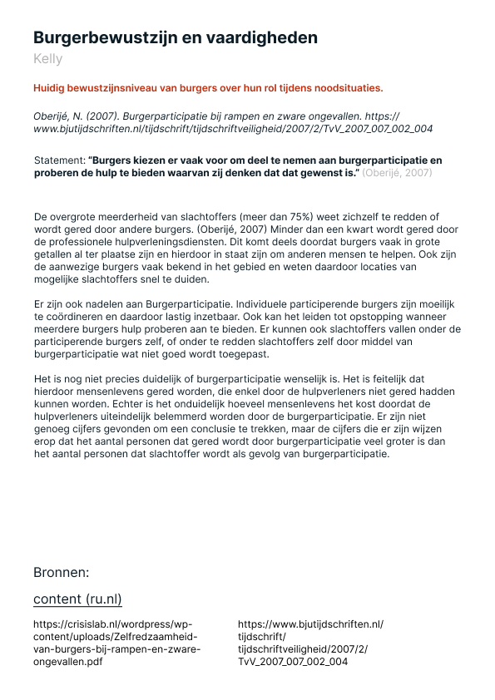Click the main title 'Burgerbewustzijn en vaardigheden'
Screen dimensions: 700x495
(x=175, y=37)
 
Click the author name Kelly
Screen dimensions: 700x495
(x=47, y=59)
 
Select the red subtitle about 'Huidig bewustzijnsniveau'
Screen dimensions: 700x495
(x=208, y=87)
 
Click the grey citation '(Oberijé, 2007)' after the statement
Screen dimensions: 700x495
(x=397, y=172)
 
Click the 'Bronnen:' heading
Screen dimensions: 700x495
(x=61, y=572)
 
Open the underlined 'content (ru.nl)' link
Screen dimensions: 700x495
(x=77, y=599)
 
